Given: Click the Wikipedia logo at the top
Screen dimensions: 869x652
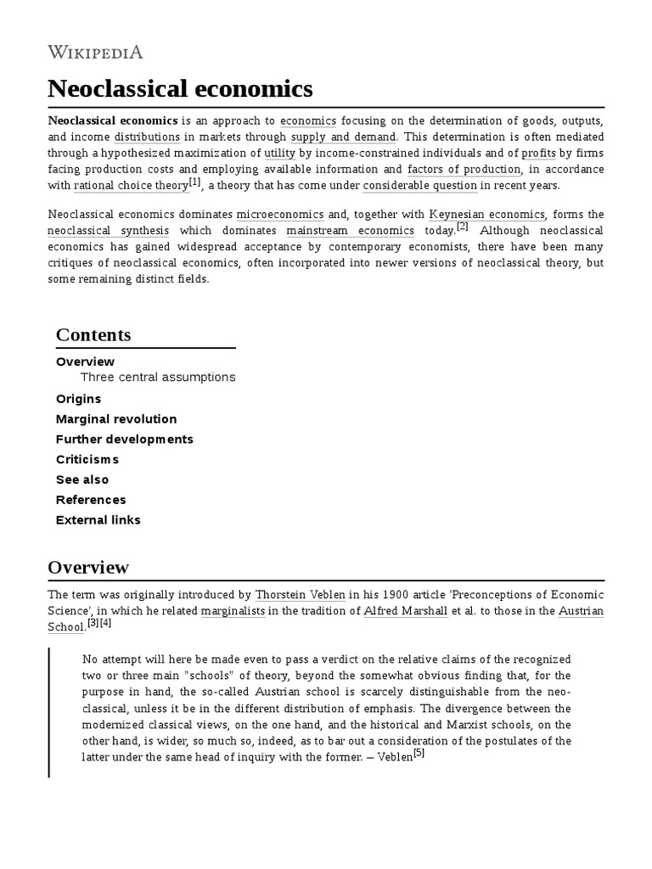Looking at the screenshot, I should (x=95, y=52).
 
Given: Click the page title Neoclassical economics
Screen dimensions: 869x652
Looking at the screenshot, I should (x=180, y=88).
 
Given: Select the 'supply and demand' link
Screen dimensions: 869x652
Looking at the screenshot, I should (x=343, y=137).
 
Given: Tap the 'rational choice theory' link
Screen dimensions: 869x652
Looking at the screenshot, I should (x=131, y=185).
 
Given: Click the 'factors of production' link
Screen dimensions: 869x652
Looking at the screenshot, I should (x=464, y=169).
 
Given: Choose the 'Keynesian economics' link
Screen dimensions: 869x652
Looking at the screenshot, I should (x=487, y=214).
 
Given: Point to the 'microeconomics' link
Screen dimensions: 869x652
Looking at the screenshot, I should (x=279, y=214).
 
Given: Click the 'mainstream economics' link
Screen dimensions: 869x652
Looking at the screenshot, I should (x=350, y=230).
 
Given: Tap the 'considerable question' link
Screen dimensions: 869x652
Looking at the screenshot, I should (x=420, y=185).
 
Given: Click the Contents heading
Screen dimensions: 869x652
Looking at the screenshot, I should (x=93, y=334).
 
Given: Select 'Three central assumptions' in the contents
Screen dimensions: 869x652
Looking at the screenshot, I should (x=157, y=377).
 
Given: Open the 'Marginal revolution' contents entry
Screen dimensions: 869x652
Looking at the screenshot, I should (x=116, y=418).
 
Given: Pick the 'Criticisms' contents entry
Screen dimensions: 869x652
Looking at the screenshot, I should (x=87, y=459).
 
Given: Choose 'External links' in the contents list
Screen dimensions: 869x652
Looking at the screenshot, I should (x=98, y=519).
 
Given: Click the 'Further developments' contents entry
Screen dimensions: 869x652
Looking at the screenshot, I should (x=124, y=439).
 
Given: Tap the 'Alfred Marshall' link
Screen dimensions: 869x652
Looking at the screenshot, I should (x=405, y=611).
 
